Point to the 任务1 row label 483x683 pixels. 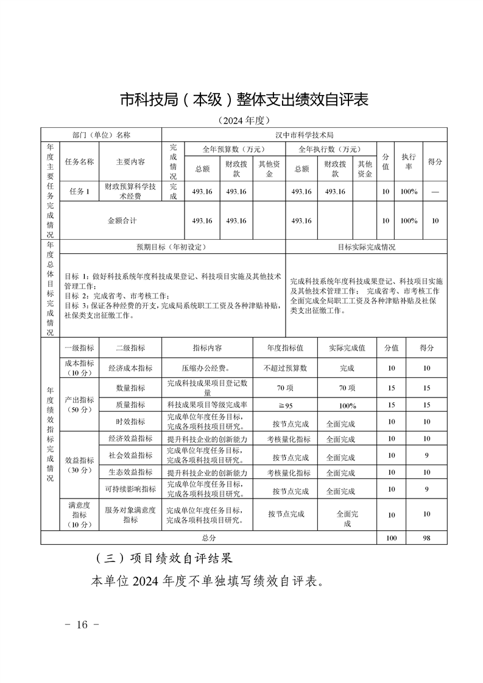[79, 192]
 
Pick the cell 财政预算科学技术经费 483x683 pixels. [130, 192]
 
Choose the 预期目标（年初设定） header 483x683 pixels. [172, 247]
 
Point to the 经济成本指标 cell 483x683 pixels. [130, 368]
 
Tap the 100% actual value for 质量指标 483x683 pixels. [347, 405]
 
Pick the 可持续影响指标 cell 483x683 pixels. [130, 489]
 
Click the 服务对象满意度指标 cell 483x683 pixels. [130, 515]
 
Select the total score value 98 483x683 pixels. [426, 538]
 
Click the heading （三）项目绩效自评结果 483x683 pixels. [164, 558]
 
